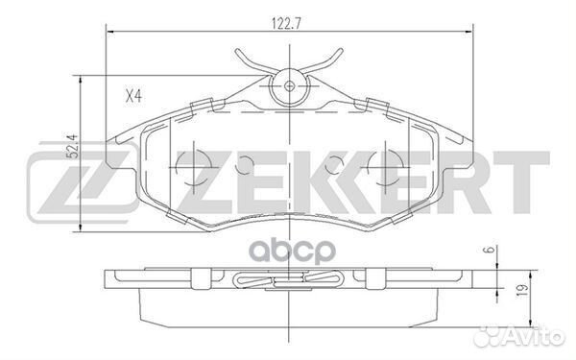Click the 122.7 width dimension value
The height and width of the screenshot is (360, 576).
click(x=288, y=16)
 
